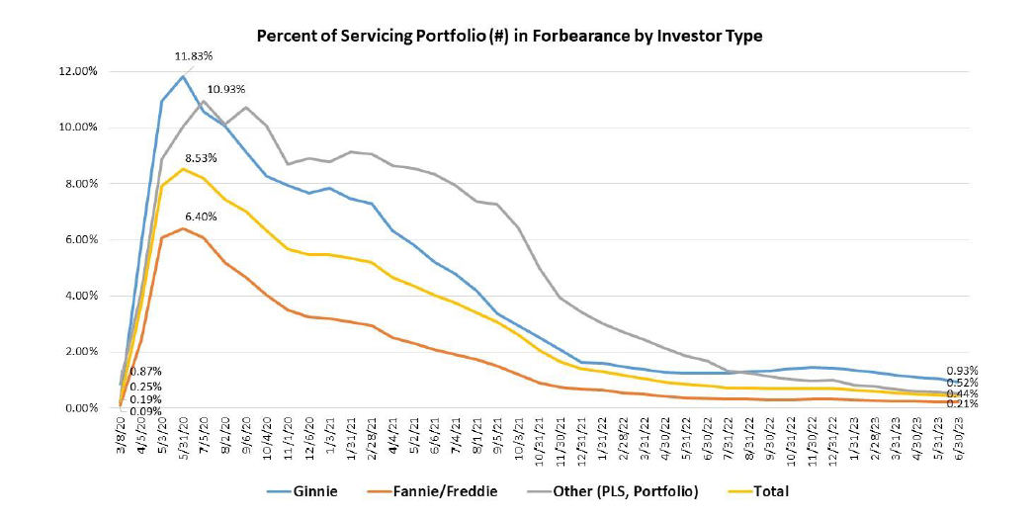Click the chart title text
(x=509, y=36)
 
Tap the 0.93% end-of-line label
(x=962, y=369)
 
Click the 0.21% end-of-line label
(x=962, y=403)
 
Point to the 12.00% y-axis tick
(x=79, y=72)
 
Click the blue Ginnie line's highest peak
(x=182, y=76)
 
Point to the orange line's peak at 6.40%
(x=182, y=228)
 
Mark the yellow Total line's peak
(x=182, y=169)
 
